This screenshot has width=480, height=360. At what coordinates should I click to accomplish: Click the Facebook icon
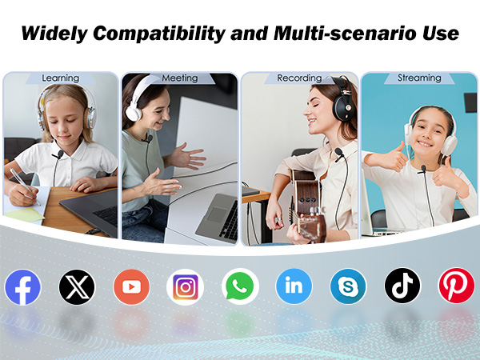[22, 286]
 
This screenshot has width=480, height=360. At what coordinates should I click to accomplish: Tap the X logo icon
[77, 286]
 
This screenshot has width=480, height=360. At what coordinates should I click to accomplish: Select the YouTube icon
[131, 286]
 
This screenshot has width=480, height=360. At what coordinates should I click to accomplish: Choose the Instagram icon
[186, 286]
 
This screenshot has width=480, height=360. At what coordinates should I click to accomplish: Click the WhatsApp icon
[240, 286]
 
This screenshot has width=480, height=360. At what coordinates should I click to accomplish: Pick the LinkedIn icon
[294, 286]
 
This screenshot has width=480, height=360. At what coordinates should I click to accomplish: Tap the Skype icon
[348, 286]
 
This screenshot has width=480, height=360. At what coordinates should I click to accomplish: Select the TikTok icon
[402, 286]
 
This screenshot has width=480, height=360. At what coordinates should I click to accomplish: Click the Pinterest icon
[457, 286]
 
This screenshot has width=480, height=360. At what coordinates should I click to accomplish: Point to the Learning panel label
[61, 78]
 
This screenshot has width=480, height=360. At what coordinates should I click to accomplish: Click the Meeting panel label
[179, 78]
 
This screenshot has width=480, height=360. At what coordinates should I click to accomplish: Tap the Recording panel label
[298, 78]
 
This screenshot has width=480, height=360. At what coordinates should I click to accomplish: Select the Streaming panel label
[419, 78]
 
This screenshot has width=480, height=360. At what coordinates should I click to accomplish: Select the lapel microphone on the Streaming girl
[422, 170]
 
